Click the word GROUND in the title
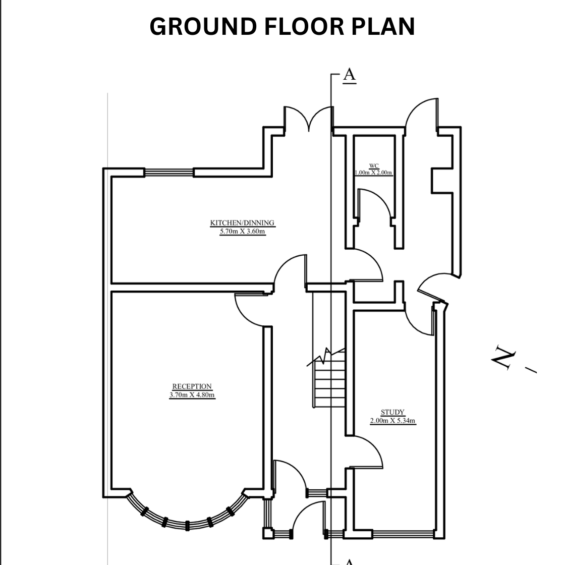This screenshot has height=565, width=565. click(203, 27)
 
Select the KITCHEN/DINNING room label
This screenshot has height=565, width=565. click(242, 223)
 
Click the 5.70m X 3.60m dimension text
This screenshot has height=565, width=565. click(243, 232)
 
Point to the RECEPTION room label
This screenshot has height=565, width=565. click(192, 386)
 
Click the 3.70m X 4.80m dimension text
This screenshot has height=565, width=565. click(192, 395)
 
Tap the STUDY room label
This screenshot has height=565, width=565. click(393, 412)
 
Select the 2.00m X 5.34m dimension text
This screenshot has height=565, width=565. click(393, 421)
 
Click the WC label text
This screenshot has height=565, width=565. click(374, 166)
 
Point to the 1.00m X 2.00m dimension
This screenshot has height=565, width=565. click(374, 173)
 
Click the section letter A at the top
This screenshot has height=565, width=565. click(349, 75)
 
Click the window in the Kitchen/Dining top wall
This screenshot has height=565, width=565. click(169, 173)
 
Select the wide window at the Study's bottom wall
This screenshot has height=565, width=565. click(403, 534)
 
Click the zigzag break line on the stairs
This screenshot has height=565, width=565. click(326, 357)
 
